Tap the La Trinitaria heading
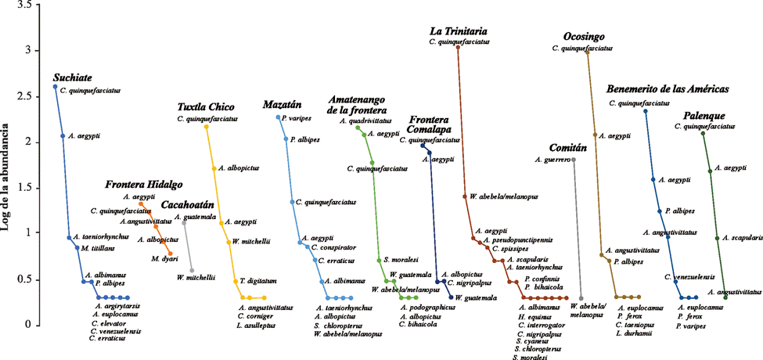coord(468,31)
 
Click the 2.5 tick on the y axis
coord(31,96)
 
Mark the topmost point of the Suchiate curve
coord(55,87)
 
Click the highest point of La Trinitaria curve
coord(458,48)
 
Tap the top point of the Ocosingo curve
coord(588,53)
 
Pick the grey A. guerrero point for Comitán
coord(574,160)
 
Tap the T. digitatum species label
coord(258,281)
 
